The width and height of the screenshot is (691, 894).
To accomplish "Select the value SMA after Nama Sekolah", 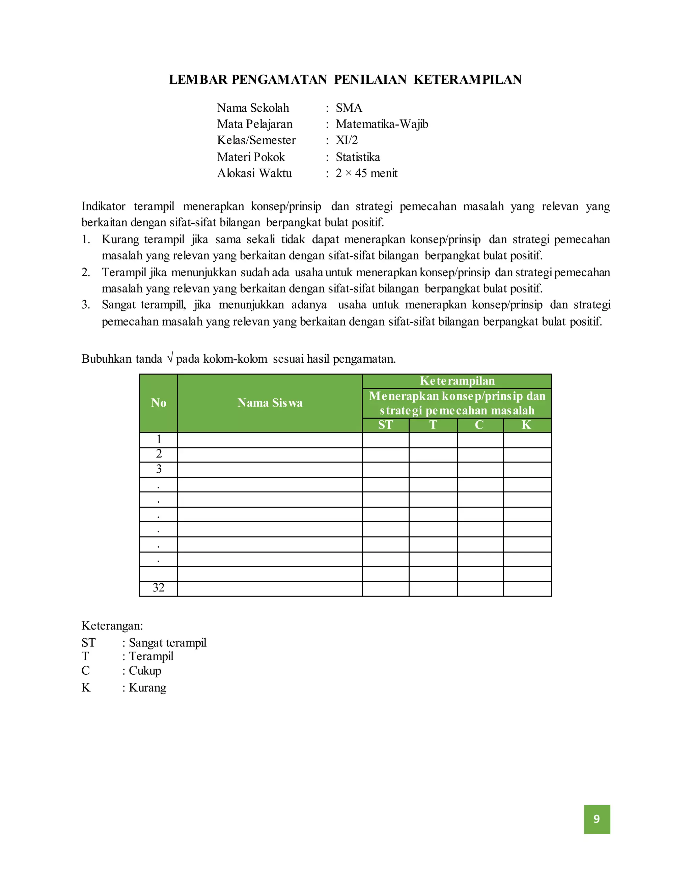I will click(x=349, y=108).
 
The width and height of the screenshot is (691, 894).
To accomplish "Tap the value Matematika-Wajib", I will click(x=382, y=124).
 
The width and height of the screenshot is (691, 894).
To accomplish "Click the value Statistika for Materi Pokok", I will click(x=357, y=157).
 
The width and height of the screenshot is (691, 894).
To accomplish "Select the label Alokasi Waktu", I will click(x=254, y=173).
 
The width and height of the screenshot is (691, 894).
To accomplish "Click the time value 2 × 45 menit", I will click(x=366, y=173).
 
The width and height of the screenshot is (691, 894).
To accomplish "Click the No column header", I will click(x=159, y=403).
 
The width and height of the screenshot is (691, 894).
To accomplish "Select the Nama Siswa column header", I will click(x=270, y=403).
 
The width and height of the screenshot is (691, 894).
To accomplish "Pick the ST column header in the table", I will click(x=385, y=425).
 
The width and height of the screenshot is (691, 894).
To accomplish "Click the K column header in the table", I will click(x=526, y=425).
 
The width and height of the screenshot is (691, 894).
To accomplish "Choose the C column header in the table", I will click(x=479, y=425).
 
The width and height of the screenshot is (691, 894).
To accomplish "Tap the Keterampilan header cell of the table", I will click(x=457, y=381).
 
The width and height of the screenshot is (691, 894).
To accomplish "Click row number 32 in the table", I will click(x=159, y=588).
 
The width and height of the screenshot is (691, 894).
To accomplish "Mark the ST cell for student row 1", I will click(x=385, y=440).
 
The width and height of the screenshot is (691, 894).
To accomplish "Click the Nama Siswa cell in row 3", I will click(x=270, y=470).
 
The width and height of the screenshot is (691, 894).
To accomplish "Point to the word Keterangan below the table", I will click(x=112, y=625).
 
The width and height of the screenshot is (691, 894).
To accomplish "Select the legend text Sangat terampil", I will click(x=167, y=643).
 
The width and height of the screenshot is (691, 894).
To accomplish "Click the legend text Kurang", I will click(x=147, y=687).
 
